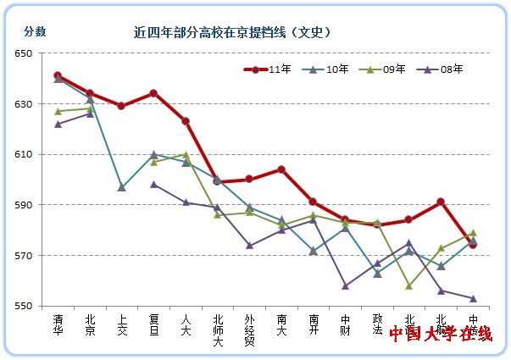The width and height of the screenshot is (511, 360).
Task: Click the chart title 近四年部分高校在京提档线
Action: (231, 32)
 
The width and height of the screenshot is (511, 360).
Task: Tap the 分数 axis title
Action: (35, 31)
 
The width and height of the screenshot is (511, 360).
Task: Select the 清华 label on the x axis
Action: (58, 325)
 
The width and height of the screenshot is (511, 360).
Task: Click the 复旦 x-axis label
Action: (153, 325)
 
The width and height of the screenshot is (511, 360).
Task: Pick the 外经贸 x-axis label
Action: (249, 330)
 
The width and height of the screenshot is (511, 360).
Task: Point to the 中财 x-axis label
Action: (345, 325)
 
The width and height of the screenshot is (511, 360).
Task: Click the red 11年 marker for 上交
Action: (121, 106)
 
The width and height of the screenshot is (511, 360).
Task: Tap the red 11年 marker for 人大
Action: (186, 121)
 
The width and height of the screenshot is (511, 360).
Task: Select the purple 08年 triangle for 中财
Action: (345, 285)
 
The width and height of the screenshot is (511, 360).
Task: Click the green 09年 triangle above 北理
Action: (408, 285)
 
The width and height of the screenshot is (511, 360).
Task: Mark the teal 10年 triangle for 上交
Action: (121, 187)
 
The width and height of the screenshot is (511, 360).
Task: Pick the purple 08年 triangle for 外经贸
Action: (249, 246)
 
